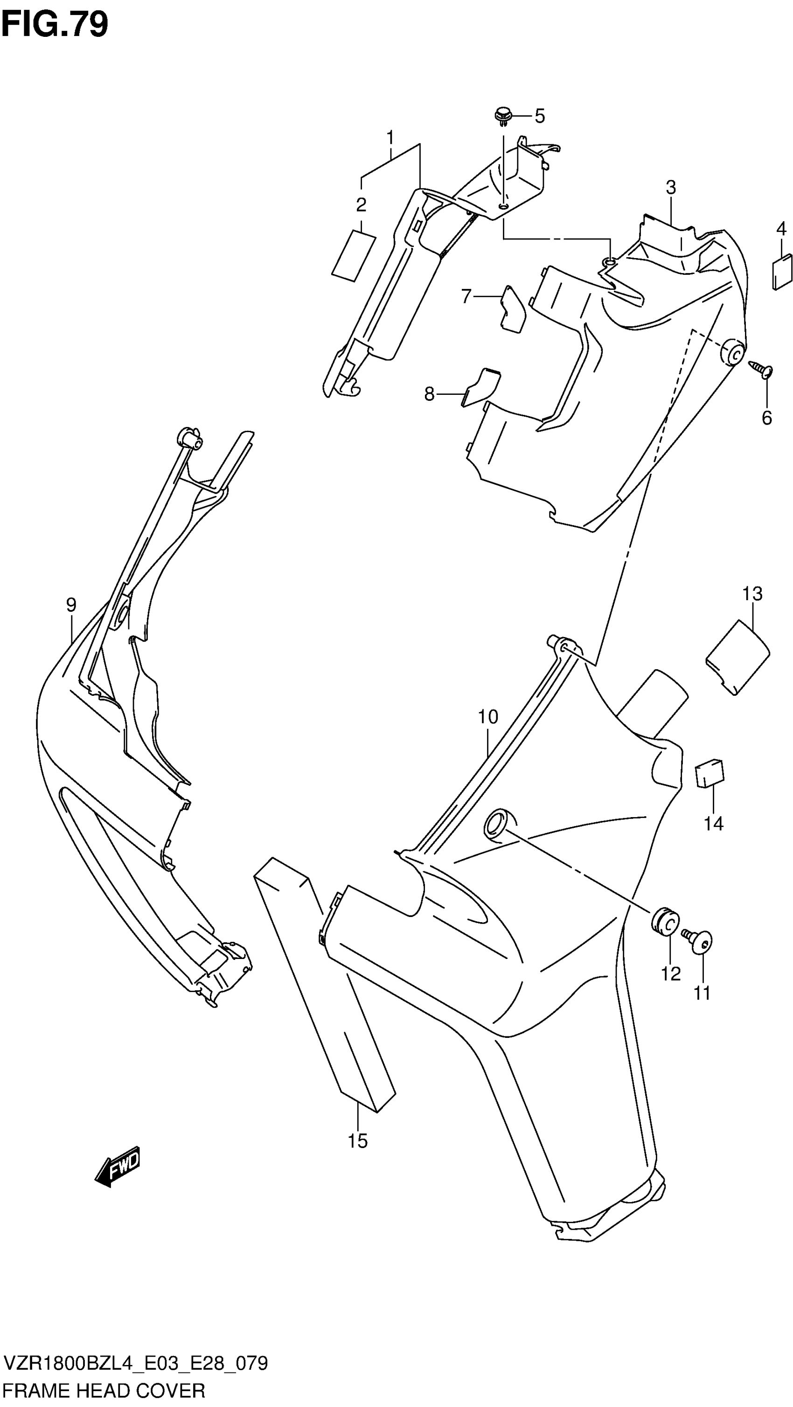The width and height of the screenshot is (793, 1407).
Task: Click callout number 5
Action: (x=540, y=116)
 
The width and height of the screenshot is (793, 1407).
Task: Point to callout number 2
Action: (x=361, y=205)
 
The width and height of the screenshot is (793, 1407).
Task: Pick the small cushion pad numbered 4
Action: (x=782, y=272)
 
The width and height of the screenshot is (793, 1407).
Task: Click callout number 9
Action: (x=71, y=605)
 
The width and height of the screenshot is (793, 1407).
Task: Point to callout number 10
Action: (x=488, y=717)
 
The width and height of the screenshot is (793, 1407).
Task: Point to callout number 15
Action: (x=358, y=1141)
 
